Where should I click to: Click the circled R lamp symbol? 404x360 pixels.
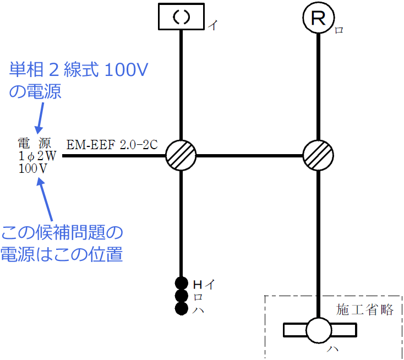[x=319, y=19]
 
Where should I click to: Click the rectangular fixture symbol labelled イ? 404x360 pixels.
[x=182, y=17]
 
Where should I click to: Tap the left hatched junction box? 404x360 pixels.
[x=181, y=156]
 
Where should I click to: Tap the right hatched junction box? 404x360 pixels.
[x=319, y=156]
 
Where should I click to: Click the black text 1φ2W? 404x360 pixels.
[x=37, y=156]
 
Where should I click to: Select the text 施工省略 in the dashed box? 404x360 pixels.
[x=365, y=310]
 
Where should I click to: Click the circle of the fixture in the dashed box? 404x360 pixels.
[x=319, y=330]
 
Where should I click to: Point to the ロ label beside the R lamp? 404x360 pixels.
[x=339, y=30]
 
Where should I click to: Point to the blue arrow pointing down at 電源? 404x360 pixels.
[x=39, y=118]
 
